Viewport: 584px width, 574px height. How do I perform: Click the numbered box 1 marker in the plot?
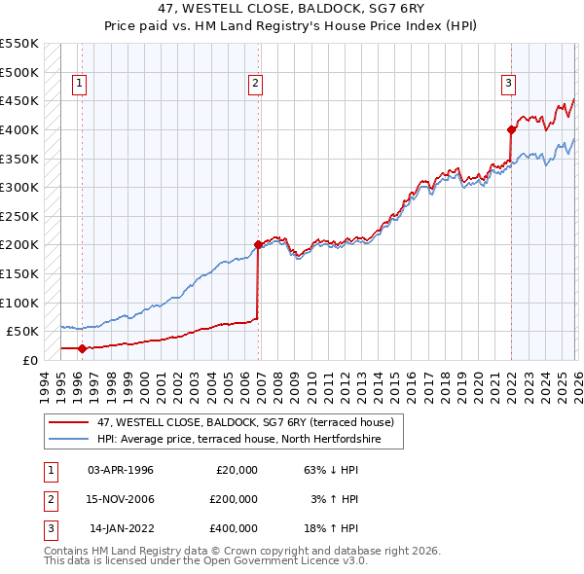tap(79, 85)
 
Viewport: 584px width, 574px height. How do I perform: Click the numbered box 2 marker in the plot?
tap(255, 85)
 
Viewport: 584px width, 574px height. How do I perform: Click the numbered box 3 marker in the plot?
tap(508, 85)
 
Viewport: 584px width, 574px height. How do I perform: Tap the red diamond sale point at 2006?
tap(258, 245)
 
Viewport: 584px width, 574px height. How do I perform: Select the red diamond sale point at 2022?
tap(511, 129)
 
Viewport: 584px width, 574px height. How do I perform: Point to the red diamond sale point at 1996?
tap(82, 348)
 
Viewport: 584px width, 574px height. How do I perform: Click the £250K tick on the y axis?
tap(19, 216)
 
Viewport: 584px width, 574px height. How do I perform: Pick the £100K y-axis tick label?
tap(19, 303)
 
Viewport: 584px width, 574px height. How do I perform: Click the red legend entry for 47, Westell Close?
tap(244, 422)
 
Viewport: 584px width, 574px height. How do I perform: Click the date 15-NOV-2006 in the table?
tap(121, 499)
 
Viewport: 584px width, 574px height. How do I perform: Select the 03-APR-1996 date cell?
tap(121, 470)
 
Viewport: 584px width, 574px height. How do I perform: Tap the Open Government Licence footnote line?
tap(206, 561)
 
